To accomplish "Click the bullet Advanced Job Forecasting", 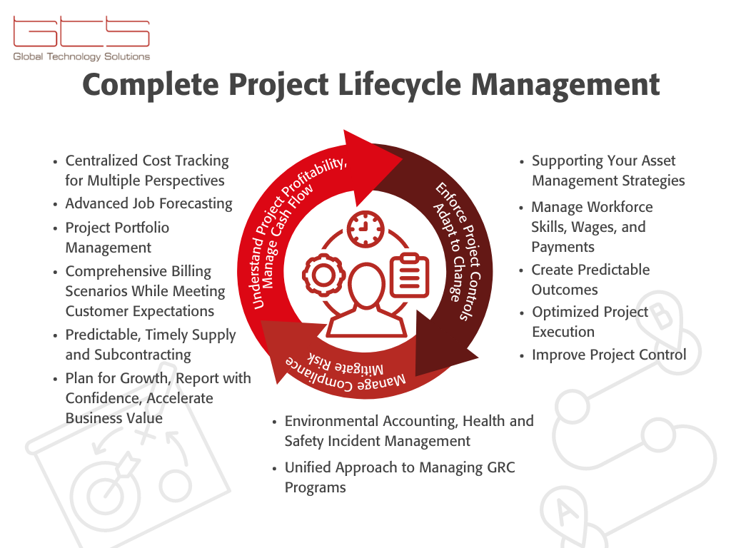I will coord(148,203).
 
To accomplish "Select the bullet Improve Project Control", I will coord(608,355).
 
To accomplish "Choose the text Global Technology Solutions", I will coord(81,56).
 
